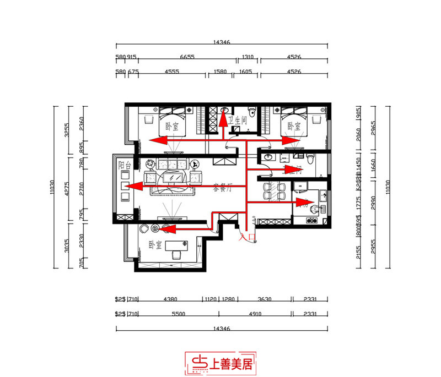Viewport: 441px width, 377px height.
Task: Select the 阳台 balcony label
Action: pyautogui.click(x=124, y=165)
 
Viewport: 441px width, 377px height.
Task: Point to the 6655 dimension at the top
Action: pyautogui.click(x=181, y=57)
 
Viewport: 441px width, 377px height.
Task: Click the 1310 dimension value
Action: pyautogui.click(x=248, y=57)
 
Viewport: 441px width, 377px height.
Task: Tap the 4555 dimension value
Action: pyautogui.click(x=166, y=72)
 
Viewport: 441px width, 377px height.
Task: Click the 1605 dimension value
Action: pyautogui.click(x=245, y=72)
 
